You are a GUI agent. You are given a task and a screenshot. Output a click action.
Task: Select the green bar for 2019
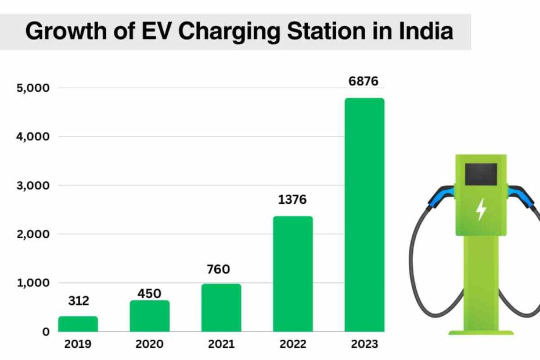coord(78,323)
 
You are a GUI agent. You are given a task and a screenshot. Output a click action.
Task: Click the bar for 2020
coord(149,316)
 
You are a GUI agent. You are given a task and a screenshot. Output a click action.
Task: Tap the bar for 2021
coord(221,307)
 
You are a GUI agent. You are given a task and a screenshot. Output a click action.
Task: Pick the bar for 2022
coord(293,273)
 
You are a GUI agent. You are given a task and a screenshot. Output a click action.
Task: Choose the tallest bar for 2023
coord(364,215)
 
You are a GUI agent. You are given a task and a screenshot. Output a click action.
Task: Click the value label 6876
coord(363,81)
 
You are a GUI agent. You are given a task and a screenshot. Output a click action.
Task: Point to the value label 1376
coord(291,200)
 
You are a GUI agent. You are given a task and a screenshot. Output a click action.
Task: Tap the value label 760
coord(219,269)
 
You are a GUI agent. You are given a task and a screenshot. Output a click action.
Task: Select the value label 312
coord(78,301)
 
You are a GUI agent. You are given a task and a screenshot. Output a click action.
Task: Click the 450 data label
coord(149,293)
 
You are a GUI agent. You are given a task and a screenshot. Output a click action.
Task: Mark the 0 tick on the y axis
coord(45,332)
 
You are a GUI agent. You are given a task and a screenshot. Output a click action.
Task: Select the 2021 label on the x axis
coord(221,344)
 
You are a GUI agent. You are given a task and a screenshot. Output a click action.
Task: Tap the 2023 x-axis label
coord(364,344)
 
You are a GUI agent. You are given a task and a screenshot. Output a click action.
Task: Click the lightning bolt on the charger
coord(481,210)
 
